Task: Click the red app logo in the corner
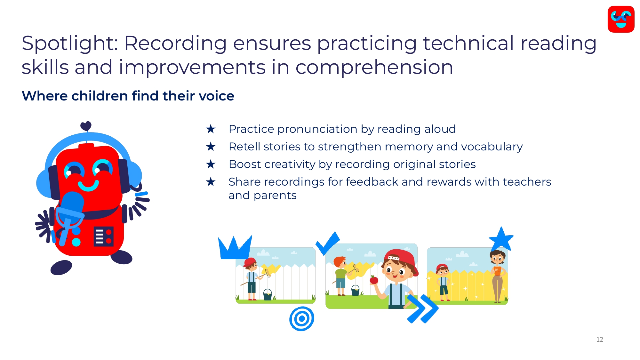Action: (621, 19)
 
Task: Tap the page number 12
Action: (600, 340)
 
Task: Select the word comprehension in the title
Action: (374, 68)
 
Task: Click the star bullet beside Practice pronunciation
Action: (211, 129)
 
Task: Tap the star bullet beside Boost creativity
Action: (211, 164)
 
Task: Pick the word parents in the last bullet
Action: (275, 196)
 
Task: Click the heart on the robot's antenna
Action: (86, 126)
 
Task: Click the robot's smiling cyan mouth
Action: (88, 186)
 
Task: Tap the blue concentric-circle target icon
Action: (301, 319)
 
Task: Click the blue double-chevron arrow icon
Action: (423, 309)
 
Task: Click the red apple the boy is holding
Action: (374, 280)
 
